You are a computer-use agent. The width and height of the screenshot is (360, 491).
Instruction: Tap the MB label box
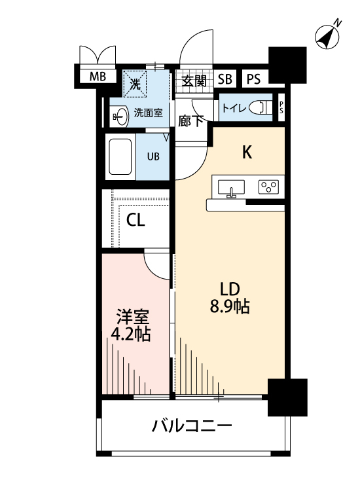click(98, 77)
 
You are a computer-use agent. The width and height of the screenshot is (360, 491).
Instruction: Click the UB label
click(153, 156)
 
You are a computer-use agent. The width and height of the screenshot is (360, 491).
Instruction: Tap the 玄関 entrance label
click(194, 81)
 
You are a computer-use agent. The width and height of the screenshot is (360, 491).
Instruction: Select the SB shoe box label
click(225, 80)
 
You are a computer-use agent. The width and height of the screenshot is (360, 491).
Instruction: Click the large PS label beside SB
click(254, 80)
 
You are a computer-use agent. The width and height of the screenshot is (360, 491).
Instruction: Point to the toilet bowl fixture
click(262, 107)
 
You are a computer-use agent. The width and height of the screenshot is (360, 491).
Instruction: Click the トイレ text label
click(234, 108)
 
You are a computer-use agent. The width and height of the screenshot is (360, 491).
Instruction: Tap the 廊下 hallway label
click(191, 120)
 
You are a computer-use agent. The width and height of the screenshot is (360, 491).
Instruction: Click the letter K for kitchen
click(247, 153)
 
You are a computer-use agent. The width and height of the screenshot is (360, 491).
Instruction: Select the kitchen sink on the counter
click(230, 187)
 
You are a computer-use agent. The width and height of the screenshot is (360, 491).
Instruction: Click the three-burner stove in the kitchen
click(268, 187)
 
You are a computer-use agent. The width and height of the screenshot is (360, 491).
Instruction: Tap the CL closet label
click(135, 220)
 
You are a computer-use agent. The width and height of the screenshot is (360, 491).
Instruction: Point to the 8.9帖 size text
click(229, 306)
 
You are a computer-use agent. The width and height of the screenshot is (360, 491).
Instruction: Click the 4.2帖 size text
click(131, 335)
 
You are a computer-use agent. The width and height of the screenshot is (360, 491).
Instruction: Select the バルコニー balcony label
click(192, 427)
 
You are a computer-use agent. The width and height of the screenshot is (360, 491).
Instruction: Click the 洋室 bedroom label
click(132, 318)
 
